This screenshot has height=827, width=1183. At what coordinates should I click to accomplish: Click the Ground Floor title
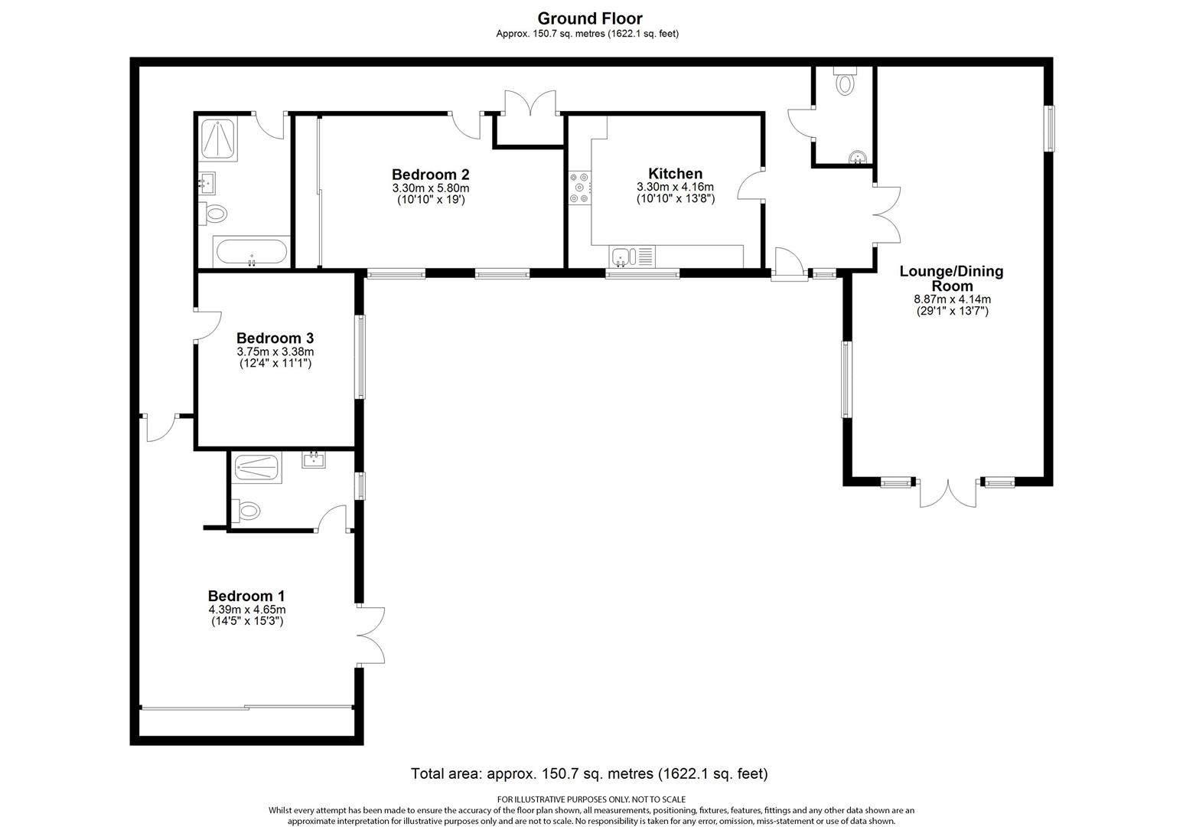tap(589, 18)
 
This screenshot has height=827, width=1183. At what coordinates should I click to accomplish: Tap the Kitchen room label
tap(675, 174)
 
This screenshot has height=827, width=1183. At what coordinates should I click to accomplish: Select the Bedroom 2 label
tap(430, 174)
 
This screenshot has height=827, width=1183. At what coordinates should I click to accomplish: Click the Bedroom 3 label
tap(275, 338)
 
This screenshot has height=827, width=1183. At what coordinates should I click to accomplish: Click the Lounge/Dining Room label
tap(951, 279)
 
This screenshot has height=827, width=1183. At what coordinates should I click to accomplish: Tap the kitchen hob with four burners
tap(579, 188)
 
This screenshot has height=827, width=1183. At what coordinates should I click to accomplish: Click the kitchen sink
tap(621, 256)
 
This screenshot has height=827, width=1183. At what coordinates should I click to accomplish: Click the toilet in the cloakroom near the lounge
tap(845, 81)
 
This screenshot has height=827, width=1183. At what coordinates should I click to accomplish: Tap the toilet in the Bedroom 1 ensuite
tap(246, 510)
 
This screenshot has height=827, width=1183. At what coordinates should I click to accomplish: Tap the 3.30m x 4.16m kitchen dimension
tap(675, 188)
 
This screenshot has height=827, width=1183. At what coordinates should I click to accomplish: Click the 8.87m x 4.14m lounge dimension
tap(952, 299)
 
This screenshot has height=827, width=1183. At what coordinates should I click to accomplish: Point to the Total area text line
tap(589, 773)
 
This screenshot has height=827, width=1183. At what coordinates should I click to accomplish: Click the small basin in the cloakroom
tap(858, 158)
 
